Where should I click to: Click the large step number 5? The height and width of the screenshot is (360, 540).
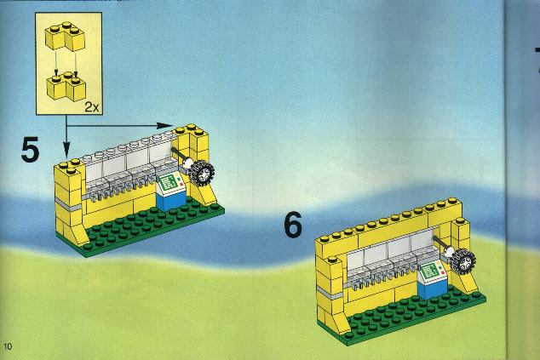30,150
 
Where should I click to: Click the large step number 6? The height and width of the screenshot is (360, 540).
293,225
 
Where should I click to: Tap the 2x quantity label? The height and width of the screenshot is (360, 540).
92,107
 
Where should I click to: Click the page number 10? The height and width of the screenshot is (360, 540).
8,346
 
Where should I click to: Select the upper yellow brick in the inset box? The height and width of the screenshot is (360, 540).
65,36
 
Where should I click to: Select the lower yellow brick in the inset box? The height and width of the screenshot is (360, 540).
66,86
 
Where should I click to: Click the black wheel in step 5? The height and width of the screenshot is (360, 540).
202,173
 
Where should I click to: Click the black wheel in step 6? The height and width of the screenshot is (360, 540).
463,261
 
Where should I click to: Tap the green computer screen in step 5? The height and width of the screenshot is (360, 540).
169,182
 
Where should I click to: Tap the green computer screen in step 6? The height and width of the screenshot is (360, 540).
430,271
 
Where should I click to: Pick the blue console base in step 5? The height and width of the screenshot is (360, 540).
171,201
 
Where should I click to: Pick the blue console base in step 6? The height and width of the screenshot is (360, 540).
433,289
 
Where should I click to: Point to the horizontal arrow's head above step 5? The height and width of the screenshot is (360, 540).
165,126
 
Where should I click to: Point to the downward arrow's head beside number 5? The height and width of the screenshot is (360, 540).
66,151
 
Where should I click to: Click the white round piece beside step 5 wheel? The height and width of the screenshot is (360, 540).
187,163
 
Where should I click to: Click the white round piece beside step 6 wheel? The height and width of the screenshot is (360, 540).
449,252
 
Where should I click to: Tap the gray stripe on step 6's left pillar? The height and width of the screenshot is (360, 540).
330,293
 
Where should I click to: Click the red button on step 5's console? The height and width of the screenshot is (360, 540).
181,185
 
